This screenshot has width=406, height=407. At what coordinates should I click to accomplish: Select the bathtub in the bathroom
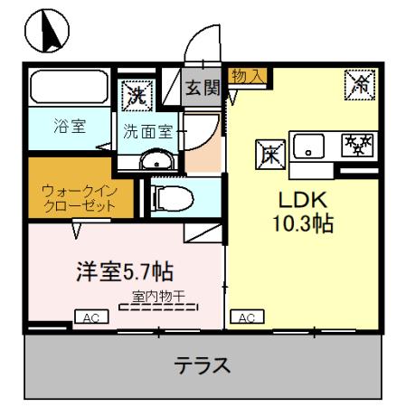[x=67, y=90]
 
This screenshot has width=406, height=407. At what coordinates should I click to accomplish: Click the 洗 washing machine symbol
[x=137, y=92]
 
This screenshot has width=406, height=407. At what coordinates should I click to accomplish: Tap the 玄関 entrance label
[x=201, y=88]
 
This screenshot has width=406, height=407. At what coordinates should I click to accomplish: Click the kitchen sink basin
[x=310, y=145]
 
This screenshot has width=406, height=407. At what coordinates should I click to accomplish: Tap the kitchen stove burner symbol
[x=358, y=145]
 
